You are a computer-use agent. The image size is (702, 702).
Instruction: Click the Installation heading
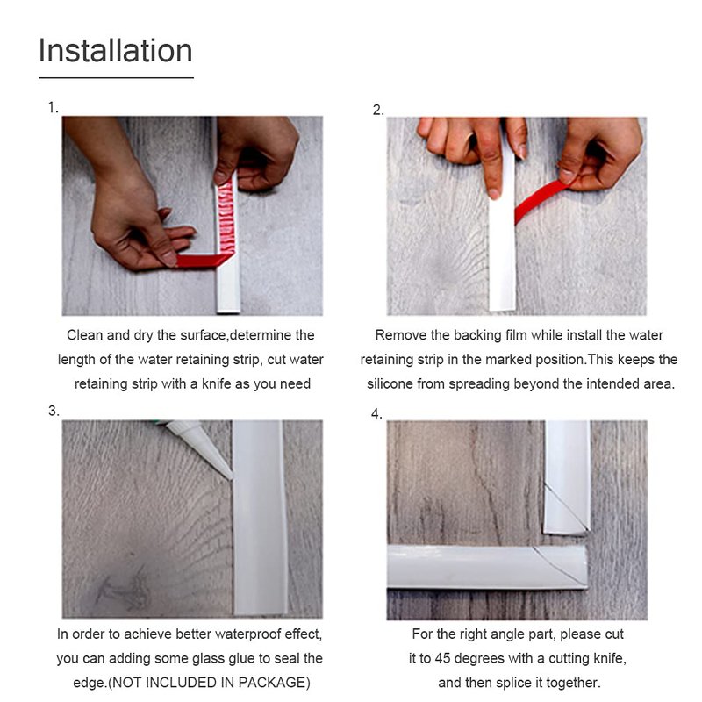[x=116, y=50]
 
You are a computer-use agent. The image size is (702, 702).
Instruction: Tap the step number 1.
[x=53, y=107]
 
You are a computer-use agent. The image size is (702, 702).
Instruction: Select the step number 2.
[x=378, y=111]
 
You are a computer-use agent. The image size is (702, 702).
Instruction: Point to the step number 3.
[x=54, y=411]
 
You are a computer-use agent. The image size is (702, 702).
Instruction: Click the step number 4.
[x=376, y=413]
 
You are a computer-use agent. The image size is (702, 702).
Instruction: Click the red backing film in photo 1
[x=202, y=260]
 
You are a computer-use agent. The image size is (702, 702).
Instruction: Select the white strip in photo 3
[x=260, y=517]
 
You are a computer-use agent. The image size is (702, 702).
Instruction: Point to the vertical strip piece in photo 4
[x=567, y=476]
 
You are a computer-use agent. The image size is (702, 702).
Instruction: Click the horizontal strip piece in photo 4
[x=487, y=567]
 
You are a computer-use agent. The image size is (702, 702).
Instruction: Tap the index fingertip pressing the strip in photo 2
[x=493, y=192]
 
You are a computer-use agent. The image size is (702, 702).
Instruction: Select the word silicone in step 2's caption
[x=389, y=384]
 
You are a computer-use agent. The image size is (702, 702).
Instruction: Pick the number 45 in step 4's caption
[x=443, y=659]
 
